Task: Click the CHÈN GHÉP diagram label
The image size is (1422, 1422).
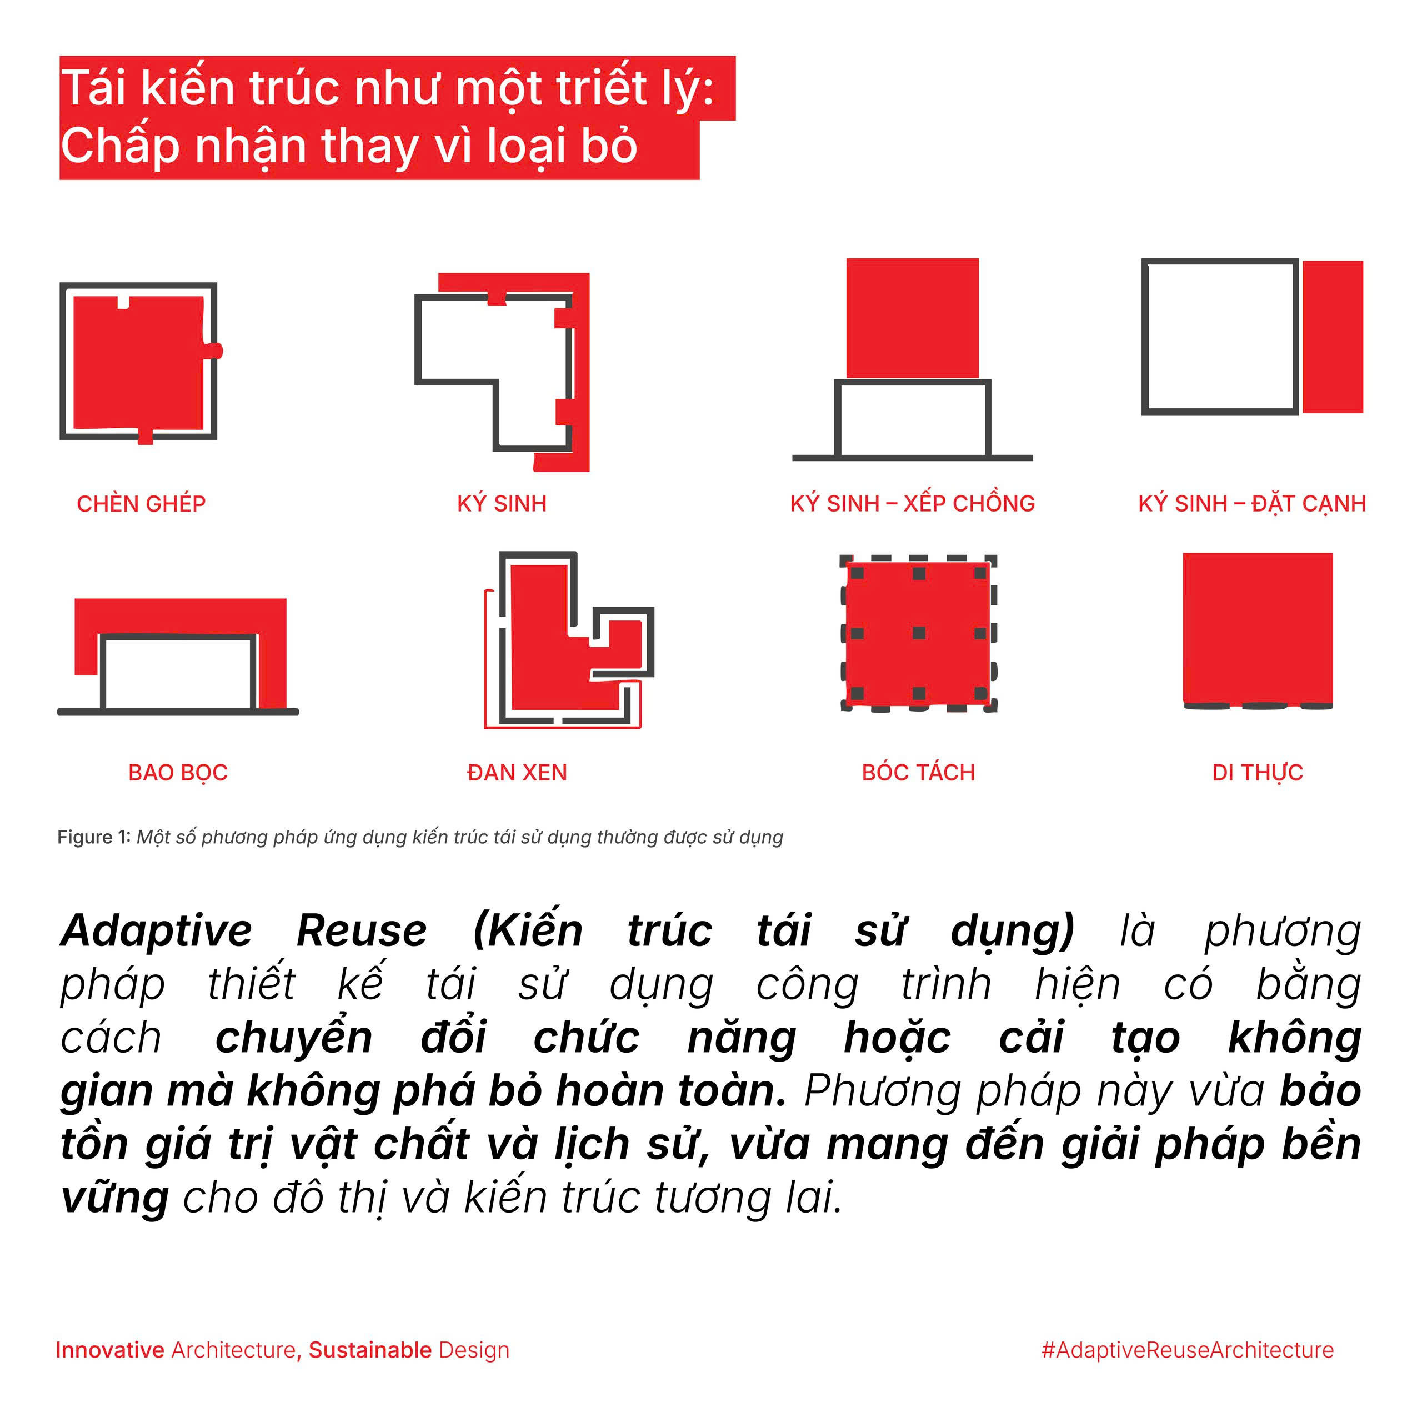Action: [x=141, y=504]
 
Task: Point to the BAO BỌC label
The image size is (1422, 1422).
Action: [x=178, y=773]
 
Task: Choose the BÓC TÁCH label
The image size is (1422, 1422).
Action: [x=919, y=773]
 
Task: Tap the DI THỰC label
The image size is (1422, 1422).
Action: [x=1258, y=773]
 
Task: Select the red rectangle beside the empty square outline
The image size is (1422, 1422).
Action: [x=1333, y=337]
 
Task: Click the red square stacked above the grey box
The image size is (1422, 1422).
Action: [x=913, y=318]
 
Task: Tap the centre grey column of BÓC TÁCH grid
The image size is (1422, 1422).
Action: [x=919, y=633]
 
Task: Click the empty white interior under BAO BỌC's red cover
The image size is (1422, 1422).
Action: [x=178, y=673]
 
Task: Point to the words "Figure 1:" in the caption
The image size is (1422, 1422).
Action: [x=94, y=837]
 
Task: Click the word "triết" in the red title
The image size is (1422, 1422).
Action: [x=607, y=88]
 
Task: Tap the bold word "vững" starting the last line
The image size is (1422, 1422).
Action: [x=115, y=1198]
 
